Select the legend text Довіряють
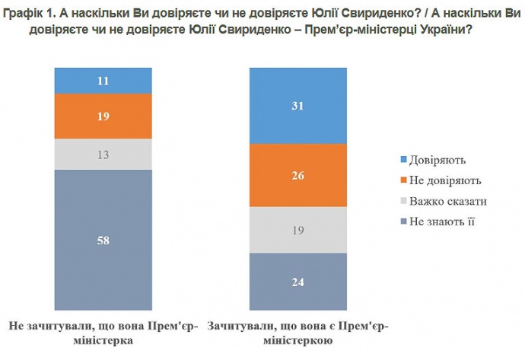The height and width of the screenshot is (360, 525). pos(437,161)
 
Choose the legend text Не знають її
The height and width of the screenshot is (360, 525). pos(441,222)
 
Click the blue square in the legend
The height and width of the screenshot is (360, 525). pos(403,161)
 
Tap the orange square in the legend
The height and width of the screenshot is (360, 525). pos(403,181)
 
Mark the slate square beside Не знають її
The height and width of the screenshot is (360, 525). pos(403,222)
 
